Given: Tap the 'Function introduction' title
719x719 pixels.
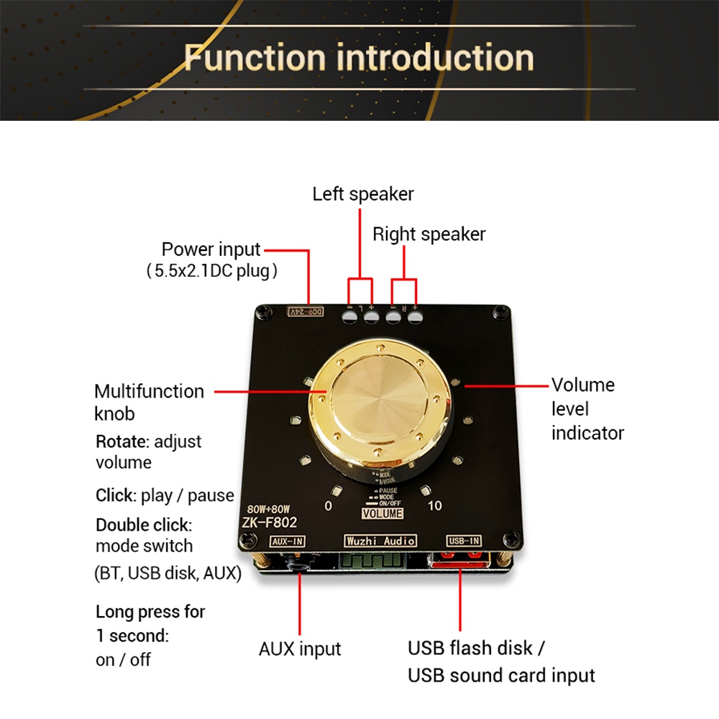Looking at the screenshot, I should point(359,58).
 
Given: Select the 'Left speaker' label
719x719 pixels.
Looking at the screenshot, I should point(363,193).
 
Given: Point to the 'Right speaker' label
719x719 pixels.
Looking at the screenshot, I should point(429,234).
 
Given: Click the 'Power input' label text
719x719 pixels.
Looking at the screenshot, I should point(211,249).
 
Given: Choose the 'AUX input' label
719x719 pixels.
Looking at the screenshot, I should point(300,649).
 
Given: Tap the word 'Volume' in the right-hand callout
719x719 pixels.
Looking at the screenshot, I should point(582,385).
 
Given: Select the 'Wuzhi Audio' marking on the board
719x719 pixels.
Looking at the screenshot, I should point(380,541).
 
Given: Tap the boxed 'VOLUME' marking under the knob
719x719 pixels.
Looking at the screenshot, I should point(382,513).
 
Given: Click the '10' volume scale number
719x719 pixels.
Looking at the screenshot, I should point(434,505).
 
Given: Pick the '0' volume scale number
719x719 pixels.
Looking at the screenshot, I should point(328,505).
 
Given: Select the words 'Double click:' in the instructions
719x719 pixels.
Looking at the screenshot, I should point(144,524).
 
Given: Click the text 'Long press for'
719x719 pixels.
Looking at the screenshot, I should point(150,612).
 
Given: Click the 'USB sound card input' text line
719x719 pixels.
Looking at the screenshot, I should point(501,676).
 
